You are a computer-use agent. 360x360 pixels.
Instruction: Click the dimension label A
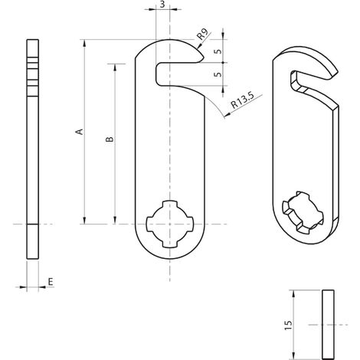coord(80,132)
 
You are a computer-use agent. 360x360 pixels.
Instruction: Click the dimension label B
coord(110,139)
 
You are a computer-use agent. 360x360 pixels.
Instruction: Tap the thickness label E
coord(51,282)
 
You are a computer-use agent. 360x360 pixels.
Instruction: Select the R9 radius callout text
coord(202,34)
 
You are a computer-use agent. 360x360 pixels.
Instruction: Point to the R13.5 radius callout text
coord(243,100)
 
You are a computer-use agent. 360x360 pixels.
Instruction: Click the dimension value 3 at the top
coord(162,5)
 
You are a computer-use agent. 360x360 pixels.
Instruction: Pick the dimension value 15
coord(288,325)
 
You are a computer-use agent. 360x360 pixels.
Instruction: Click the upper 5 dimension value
coord(218,51)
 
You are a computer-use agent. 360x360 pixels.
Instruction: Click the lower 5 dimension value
coord(218,74)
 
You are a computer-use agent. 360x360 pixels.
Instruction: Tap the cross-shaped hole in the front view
coord(170,224)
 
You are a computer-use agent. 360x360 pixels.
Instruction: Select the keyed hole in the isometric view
coord(303,212)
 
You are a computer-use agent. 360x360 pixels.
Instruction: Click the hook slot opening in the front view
coord(178,74)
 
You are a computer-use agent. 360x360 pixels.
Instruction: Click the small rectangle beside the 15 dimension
coord(328,324)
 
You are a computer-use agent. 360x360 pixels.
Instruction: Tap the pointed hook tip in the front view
coord(204,58)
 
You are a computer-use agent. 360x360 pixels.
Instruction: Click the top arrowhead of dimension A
coord(84,44)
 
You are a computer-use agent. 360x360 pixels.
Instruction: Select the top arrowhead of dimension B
coord(115,67)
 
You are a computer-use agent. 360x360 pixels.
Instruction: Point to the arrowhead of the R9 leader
coord(199,46)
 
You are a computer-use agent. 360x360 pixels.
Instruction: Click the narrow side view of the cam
coord(33,149)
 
